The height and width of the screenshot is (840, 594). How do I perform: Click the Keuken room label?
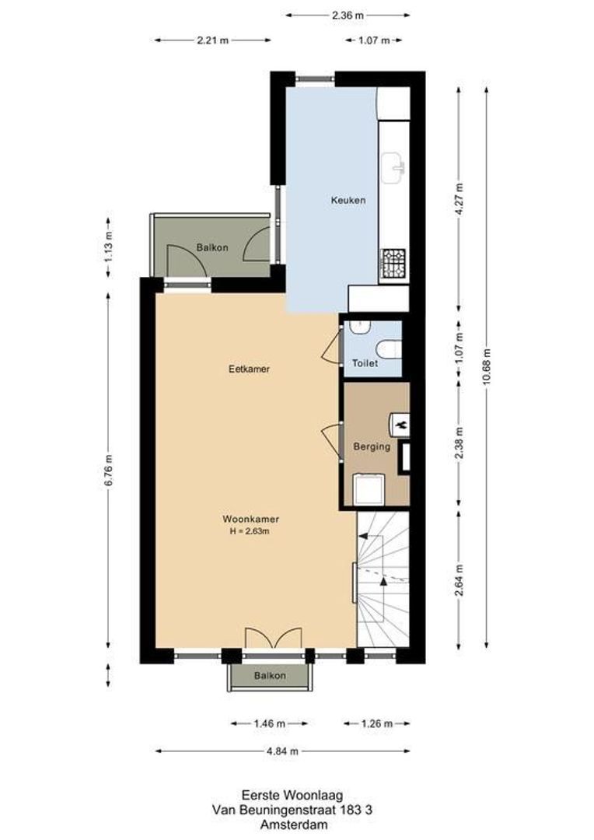347,200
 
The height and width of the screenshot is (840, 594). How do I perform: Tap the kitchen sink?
393,165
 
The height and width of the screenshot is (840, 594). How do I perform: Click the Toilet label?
365,363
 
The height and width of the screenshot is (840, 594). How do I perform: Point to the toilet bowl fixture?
389,349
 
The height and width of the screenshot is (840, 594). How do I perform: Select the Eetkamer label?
249,369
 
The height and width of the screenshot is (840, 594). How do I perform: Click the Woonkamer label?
250,519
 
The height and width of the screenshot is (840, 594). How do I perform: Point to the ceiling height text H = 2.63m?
250,531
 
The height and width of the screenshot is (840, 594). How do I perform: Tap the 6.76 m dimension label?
109,470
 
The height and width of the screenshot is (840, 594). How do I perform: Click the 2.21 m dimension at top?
213,40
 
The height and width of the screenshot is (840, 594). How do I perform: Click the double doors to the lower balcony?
272,638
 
